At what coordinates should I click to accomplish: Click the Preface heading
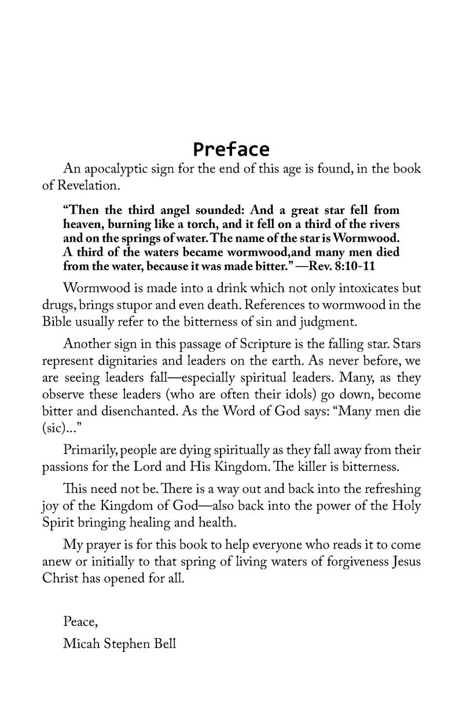(231, 149)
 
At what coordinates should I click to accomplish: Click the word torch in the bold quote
(217, 224)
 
